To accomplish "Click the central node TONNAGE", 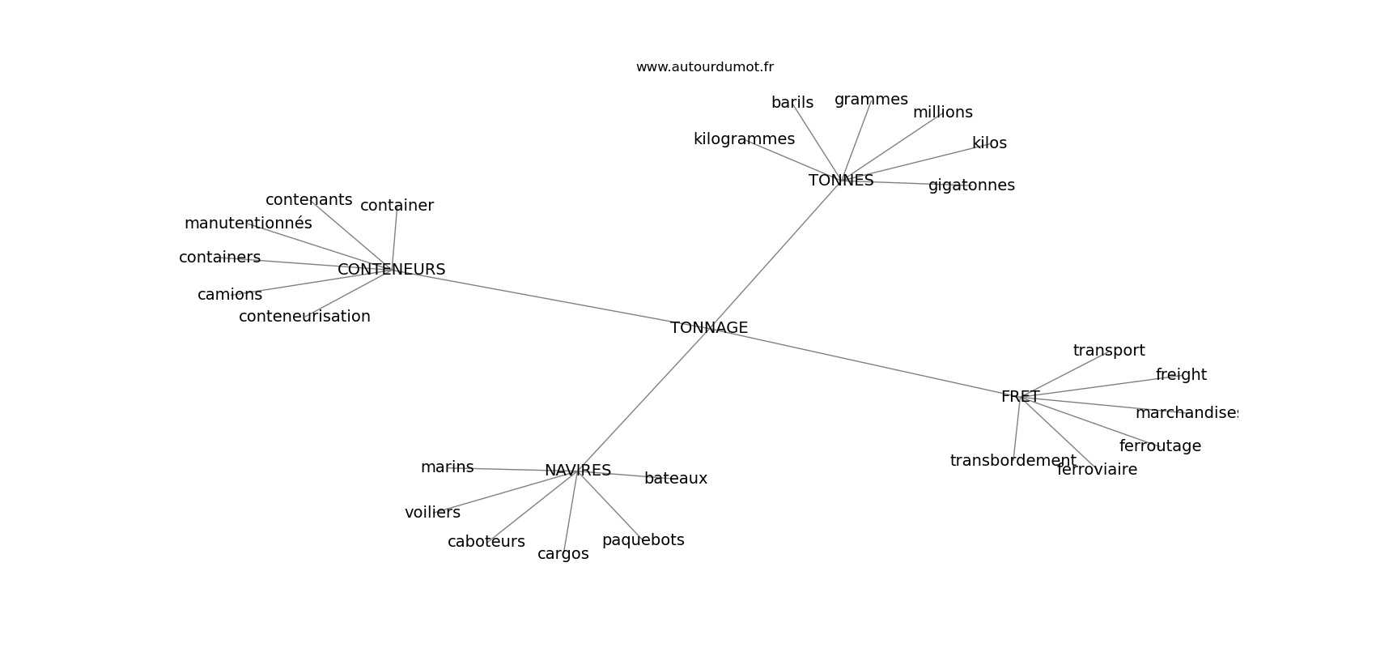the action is coord(709,328).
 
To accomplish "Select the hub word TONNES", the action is coord(841,180).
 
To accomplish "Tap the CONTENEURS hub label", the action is coord(391,269).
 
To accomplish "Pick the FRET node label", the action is coord(1021,397).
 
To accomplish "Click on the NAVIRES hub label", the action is coord(578,471).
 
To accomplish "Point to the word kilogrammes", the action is coord(744,139).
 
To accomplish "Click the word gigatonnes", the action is coord(971,185).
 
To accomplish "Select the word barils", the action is coord(792,102).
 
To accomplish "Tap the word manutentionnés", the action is coord(248,224).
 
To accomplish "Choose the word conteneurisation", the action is coord(304,316).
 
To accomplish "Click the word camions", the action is coord(230,295).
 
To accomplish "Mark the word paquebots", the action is coord(643,540).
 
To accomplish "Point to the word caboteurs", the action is coord(486,542).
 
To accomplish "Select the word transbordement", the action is coord(1013,461).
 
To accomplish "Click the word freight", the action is coord(1181,375).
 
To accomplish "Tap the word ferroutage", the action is coord(1160,446).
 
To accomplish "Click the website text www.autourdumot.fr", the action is coord(704,67).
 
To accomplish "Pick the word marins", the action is coord(447,467).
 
